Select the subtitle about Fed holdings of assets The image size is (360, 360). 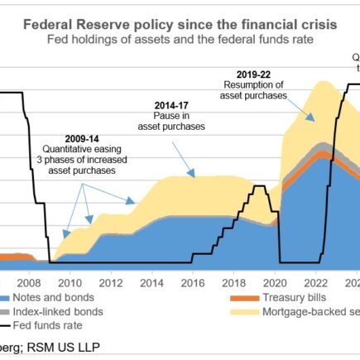coord(178,36)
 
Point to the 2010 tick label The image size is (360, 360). coord(70,281)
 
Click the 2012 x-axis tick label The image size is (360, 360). coord(110,281)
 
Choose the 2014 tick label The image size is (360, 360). coord(151,281)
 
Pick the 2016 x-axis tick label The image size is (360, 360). coord(191,281)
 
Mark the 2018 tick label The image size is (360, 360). coord(232,281)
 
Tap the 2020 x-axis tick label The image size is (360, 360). coord(272,281)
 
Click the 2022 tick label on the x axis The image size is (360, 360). coord(313,281)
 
